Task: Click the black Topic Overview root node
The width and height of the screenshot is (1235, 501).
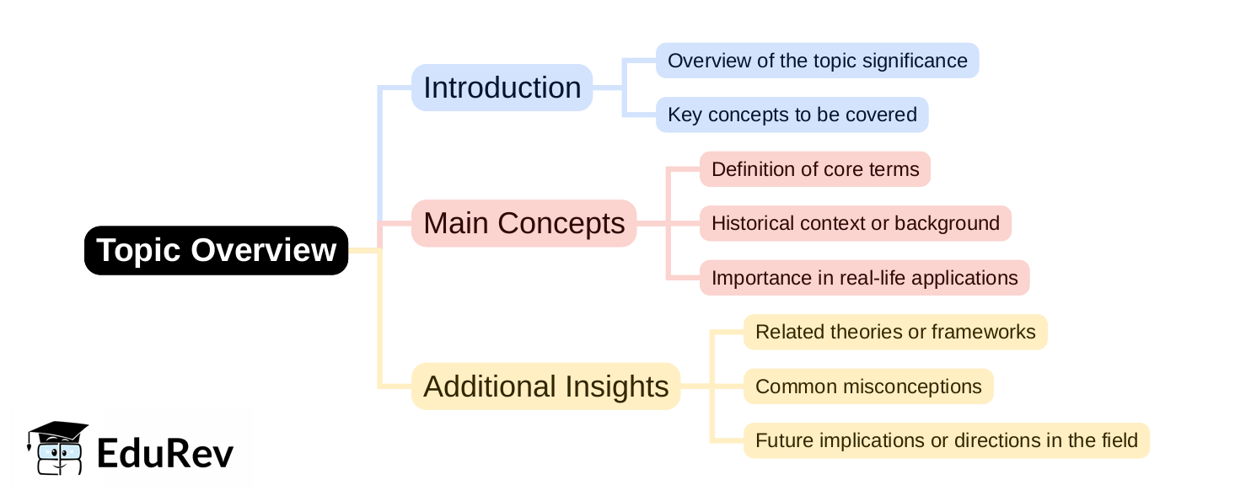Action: (216, 250)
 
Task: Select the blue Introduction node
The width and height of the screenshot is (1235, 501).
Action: (502, 88)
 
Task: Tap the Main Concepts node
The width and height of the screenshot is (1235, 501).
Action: (524, 223)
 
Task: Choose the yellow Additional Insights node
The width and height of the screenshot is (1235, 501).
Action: (545, 386)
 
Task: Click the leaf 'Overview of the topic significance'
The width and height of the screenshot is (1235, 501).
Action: (817, 61)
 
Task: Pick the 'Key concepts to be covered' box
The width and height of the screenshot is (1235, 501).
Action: (792, 115)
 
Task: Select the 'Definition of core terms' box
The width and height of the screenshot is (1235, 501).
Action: (814, 169)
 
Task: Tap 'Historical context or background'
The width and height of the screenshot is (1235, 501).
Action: (855, 223)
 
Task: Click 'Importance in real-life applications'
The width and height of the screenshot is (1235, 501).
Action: (864, 278)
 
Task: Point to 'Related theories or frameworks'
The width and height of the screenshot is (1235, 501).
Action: (894, 332)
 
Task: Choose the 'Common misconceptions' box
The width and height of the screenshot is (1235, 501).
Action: (867, 386)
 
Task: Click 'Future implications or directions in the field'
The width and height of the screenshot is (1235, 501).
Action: (946, 440)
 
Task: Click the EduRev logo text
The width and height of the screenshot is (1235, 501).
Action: (164, 453)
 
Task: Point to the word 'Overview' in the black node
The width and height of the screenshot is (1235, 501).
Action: (264, 250)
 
